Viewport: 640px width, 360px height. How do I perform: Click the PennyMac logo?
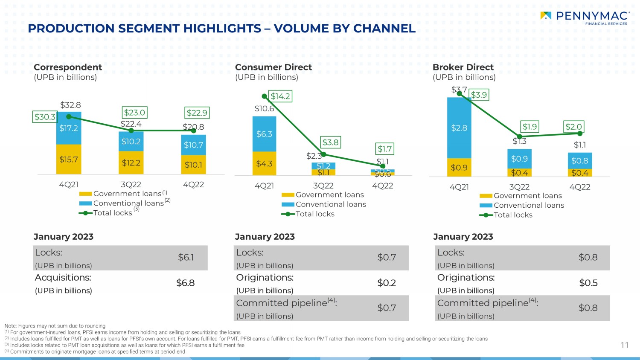tap(585, 17)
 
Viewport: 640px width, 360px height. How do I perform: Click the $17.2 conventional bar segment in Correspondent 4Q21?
tap(69, 128)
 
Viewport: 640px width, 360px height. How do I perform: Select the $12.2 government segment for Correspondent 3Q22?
tap(131, 163)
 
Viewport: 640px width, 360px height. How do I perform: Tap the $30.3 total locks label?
tap(45, 117)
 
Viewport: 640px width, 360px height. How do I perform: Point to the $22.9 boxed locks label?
tap(197, 113)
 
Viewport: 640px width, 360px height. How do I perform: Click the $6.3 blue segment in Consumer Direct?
tap(264, 134)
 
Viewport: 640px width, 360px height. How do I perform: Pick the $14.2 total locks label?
tap(280, 96)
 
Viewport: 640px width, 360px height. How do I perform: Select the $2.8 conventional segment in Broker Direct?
tap(459, 128)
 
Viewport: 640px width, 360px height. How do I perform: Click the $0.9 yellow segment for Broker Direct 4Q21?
tap(459, 168)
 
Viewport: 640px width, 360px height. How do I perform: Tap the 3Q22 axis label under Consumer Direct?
tap(323, 186)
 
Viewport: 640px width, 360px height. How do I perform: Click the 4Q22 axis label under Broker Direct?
tap(580, 187)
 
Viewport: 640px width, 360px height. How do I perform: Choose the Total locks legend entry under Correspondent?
tap(113, 213)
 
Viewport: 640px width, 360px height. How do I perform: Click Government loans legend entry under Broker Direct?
tap(527, 196)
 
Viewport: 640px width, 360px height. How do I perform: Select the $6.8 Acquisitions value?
tap(186, 283)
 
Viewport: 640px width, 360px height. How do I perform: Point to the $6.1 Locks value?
tap(186, 257)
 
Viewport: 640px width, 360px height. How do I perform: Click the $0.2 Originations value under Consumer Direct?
tap(387, 283)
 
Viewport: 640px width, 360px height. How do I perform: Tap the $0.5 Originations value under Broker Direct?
tap(588, 283)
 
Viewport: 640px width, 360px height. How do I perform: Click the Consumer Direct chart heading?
tap(273, 67)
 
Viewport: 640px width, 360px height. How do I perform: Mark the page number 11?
tap(625, 345)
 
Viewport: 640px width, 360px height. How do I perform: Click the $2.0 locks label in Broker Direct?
tap(573, 127)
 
